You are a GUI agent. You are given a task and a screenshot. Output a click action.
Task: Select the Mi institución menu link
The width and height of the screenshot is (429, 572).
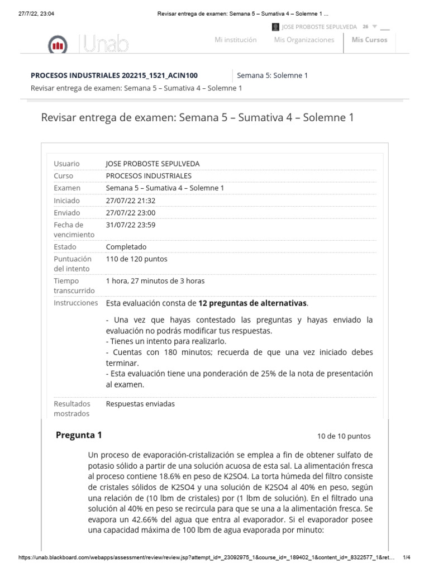[x=236, y=40]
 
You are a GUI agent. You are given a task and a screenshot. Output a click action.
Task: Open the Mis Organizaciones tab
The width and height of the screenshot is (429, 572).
[x=304, y=40]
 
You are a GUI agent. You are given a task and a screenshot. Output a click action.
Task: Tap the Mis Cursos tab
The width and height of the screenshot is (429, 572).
[x=369, y=40]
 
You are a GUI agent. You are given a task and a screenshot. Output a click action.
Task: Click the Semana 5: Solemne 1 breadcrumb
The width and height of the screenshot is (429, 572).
[x=272, y=75]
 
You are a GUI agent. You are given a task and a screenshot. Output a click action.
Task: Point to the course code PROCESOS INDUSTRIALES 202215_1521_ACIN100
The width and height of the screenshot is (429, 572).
[x=113, y=75]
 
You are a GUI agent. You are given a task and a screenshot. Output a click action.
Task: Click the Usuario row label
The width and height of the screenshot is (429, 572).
[x=66, y=164]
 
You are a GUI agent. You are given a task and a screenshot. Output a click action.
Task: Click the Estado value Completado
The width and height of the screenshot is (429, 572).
[x=126, y=247]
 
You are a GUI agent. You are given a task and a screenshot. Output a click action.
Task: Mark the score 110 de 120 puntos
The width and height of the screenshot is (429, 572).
[x=136, y=259]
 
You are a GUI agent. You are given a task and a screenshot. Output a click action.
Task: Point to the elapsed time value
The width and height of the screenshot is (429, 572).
[x=155, y=281]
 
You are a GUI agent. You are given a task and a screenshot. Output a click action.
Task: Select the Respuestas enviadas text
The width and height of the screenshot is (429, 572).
[x=140, y=403]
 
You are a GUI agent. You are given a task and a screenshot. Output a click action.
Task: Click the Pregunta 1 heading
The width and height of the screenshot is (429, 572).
[x=79, y=435]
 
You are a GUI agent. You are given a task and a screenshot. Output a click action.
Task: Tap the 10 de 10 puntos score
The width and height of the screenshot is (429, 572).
[x=343, y=436]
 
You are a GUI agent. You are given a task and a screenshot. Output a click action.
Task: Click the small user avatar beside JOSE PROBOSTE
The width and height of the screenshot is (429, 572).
[x=275, y=27]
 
